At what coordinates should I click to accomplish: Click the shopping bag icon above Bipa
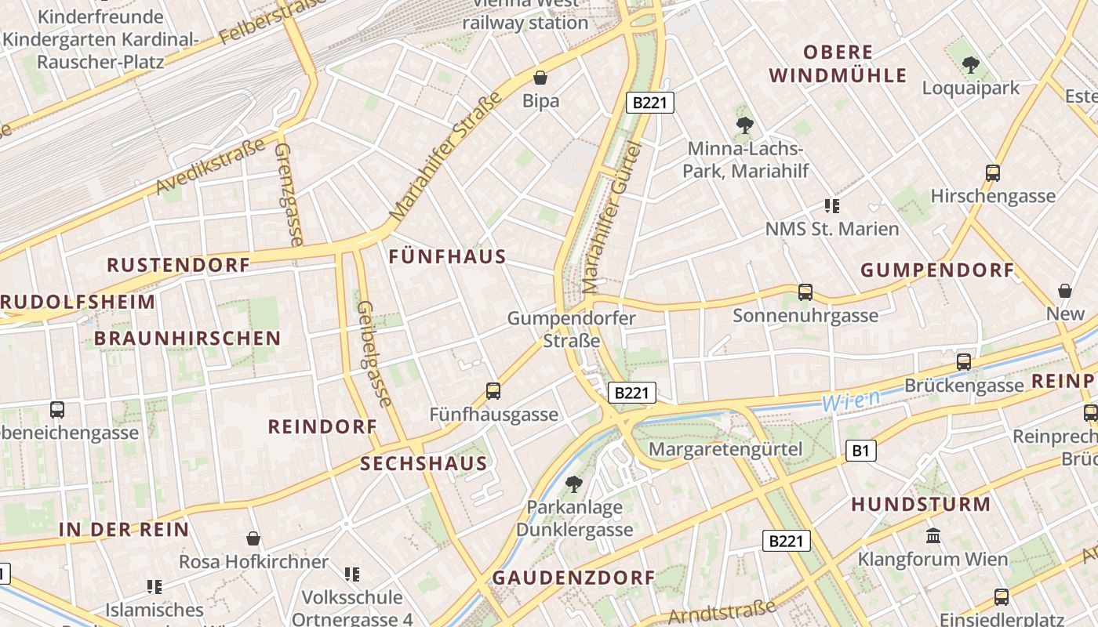[540, 77]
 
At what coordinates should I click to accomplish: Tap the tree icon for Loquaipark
[971, 65]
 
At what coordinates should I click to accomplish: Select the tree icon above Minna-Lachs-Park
[745, 124]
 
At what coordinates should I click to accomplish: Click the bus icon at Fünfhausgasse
[493, 390]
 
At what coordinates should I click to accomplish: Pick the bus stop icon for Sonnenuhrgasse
[805, 292]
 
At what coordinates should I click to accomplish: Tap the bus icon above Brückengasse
[964, 362]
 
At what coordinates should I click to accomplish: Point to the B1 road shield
[861, 451]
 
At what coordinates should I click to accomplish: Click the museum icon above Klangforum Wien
[933, 536]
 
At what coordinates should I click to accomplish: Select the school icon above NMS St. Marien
[832, 206]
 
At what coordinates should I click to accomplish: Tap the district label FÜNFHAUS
[448, 257]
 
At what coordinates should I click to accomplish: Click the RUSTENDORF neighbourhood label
[179, 265]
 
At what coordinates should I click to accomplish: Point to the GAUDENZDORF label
[573, 578]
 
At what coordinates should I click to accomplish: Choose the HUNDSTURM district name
[921, 505]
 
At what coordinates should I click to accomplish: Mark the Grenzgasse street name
[288, 194]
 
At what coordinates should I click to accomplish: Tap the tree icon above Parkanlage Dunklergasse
[574, 484]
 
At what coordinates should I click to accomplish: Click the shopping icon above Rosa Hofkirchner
[253, 538]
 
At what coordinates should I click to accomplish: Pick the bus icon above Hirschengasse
[993, 173]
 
